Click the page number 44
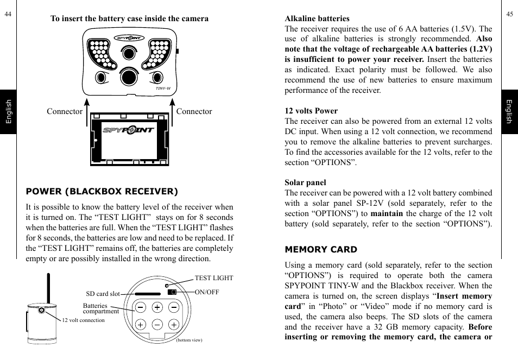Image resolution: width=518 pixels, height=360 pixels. coord(8,15)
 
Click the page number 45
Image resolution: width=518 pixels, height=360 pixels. coord(509,15)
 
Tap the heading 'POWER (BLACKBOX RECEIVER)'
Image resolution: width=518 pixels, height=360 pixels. coord(102,191)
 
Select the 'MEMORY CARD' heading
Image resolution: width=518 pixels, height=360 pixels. coord(321,250)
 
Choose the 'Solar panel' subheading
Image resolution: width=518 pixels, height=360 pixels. coord(305,182)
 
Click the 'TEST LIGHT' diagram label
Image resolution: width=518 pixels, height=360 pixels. coord(213,278)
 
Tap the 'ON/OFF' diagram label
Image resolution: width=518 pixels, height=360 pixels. coord(206,292)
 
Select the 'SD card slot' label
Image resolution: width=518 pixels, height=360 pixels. coord(103,294)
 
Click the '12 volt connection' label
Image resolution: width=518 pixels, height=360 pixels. coord(83,320)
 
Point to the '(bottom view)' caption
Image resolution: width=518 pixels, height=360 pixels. coord(189,340)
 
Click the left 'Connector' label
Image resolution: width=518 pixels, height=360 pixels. coord(64,111)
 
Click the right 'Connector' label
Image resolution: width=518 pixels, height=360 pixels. coord(194,111)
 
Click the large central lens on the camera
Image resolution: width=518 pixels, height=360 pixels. coord(129,77)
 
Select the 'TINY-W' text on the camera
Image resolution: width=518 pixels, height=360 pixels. coord(163,88)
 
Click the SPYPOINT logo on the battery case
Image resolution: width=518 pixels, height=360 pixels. coord(129,130)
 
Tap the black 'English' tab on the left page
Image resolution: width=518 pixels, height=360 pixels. coord(8,112)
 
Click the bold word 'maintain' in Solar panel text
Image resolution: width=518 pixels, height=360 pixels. coord(387,213)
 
